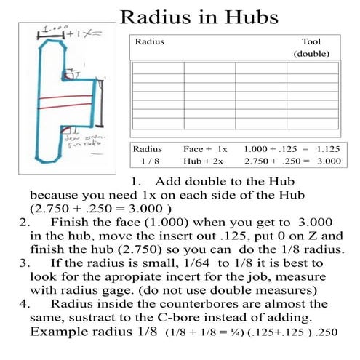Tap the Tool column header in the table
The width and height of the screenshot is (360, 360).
tap(311, 42)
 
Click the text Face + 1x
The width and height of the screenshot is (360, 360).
tap(206, 148)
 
